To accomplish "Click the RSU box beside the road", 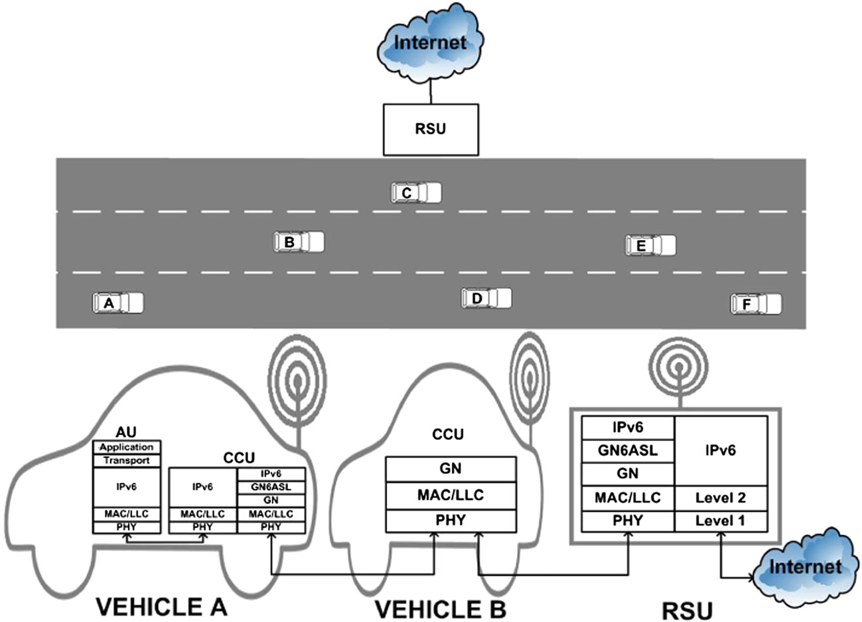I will tap(431, 129).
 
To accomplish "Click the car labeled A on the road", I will tap(117, 303).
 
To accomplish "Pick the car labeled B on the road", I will tap(299, 242).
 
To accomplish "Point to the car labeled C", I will tap(416, 193).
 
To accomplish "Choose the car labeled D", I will tap(486, 298).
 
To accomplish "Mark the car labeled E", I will tap(650, 245).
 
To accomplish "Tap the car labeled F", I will tap(756, 304).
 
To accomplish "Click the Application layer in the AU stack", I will tap(126, 448).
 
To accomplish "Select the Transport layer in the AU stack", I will tap(126, 460).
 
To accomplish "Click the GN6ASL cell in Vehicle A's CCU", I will tap(271, 487).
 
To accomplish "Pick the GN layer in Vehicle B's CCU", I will tap(451, 469).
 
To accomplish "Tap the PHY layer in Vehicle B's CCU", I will tap(451, 521).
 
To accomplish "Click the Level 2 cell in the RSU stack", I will tap(721, 497).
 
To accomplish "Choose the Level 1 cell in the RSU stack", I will tap(721, 521).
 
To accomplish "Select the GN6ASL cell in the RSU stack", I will tap(628, 451).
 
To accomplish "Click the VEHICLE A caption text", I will tap(162, 606).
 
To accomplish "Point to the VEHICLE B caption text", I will tap(440, 608).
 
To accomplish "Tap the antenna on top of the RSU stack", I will tap(678, 371).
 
